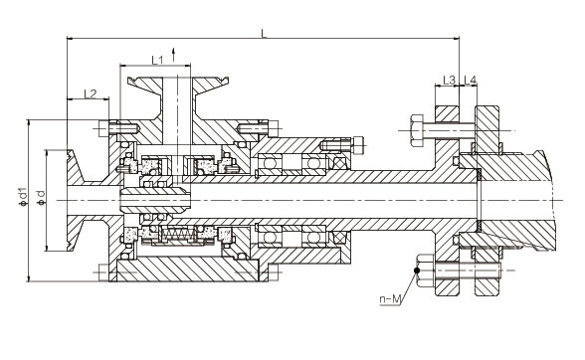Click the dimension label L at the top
tap(264, 33)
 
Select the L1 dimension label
tap(157, 60)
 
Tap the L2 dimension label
tap(91, 93)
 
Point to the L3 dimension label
tap(450, 80)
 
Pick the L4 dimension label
tap(470, 80)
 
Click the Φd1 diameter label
tap(23, 197)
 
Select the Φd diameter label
tap(42, 198)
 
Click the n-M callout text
tap(390, 298)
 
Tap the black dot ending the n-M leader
tap(417, 270)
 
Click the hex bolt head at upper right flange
tap(417, 130)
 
